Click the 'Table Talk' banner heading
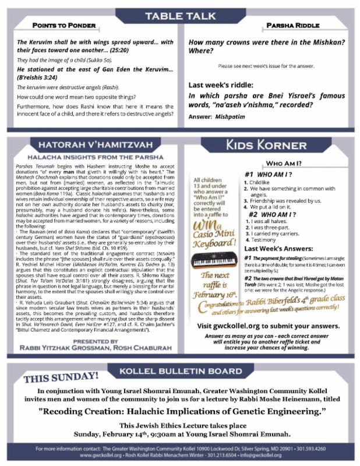[x=179, y=15]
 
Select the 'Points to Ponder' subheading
[x=61, y=26]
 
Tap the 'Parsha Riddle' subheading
[x=291, y=26]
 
